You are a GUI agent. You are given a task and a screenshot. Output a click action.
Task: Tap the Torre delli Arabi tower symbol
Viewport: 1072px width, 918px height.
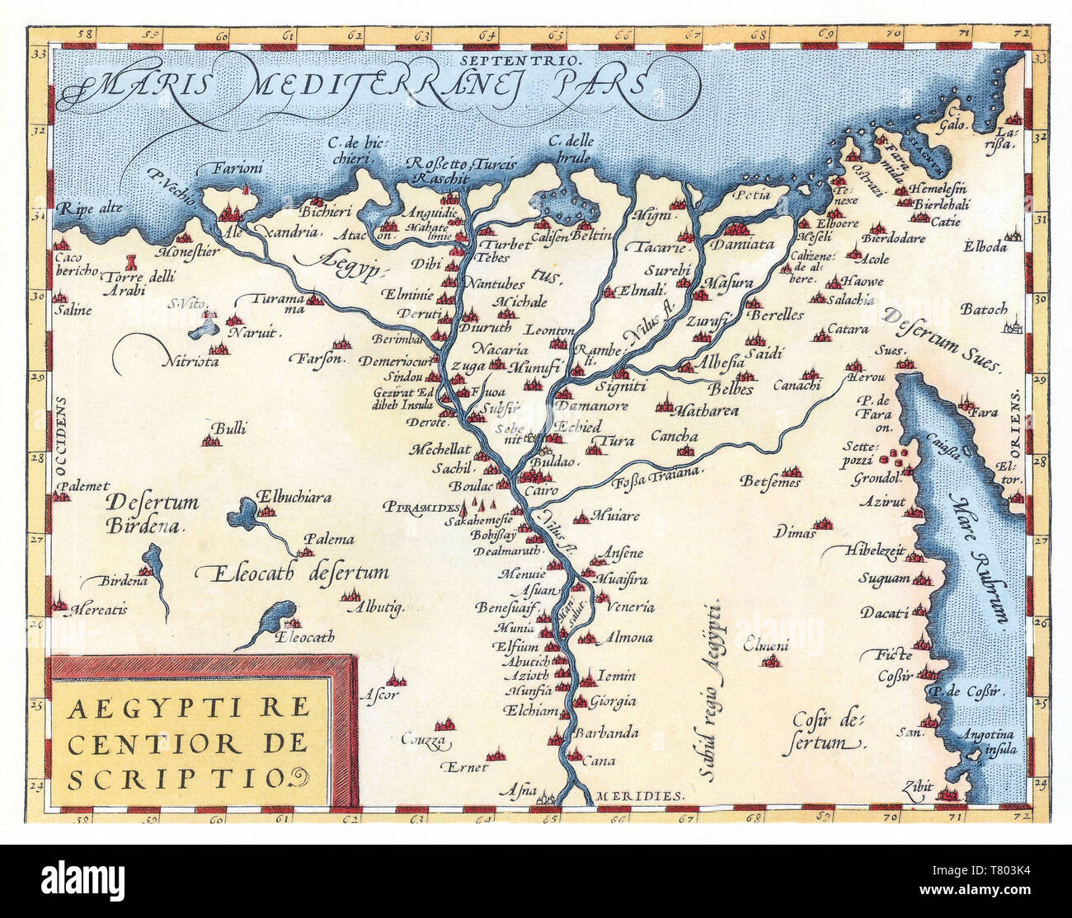(130, 263)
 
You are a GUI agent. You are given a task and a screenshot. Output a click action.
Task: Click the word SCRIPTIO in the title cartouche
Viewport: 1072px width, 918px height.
(176, 779)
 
